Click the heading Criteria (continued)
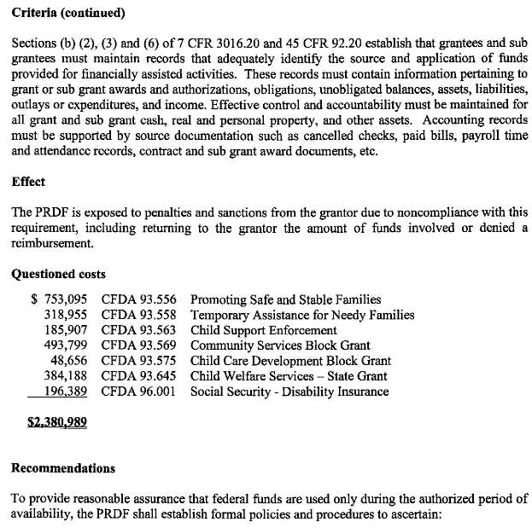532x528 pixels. click(x=68, y=13)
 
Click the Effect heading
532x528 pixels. click(x=28, y=182)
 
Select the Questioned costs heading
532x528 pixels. click(x=59, y=274)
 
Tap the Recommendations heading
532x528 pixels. click(x=64, y=468)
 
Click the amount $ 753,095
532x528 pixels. click(x=59, y=299)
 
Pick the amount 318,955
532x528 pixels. click(x=66, y=315)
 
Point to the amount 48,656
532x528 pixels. click(x=69, y=361)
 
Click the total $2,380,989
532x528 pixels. click(x=57, y=421)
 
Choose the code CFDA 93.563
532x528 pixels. click(x=138, y=330)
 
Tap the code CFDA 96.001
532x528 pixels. click(x=138, y=392)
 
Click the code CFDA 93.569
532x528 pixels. click(x=138, y=345)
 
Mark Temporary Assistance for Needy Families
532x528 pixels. click(x=302, y=315)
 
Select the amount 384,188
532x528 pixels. click(x=66, y=376)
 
